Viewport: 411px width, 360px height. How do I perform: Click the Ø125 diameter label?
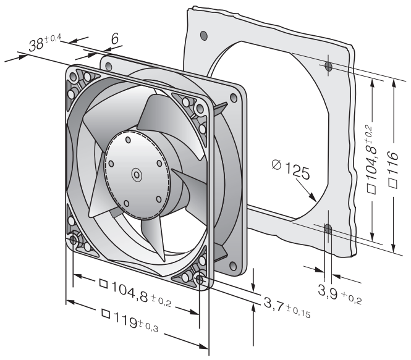point(290,168)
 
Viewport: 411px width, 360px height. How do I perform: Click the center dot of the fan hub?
point(135,175)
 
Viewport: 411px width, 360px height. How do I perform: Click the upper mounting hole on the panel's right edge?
point(328,65)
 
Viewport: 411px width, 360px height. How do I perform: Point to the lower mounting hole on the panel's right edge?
point(328,230)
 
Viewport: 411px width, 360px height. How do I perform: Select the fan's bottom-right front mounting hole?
point(200,280)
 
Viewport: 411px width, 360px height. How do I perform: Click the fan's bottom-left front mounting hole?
point(75,240)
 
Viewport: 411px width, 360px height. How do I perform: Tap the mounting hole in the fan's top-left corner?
point(75,77)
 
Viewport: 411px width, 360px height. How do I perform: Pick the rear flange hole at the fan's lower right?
point(232,266)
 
